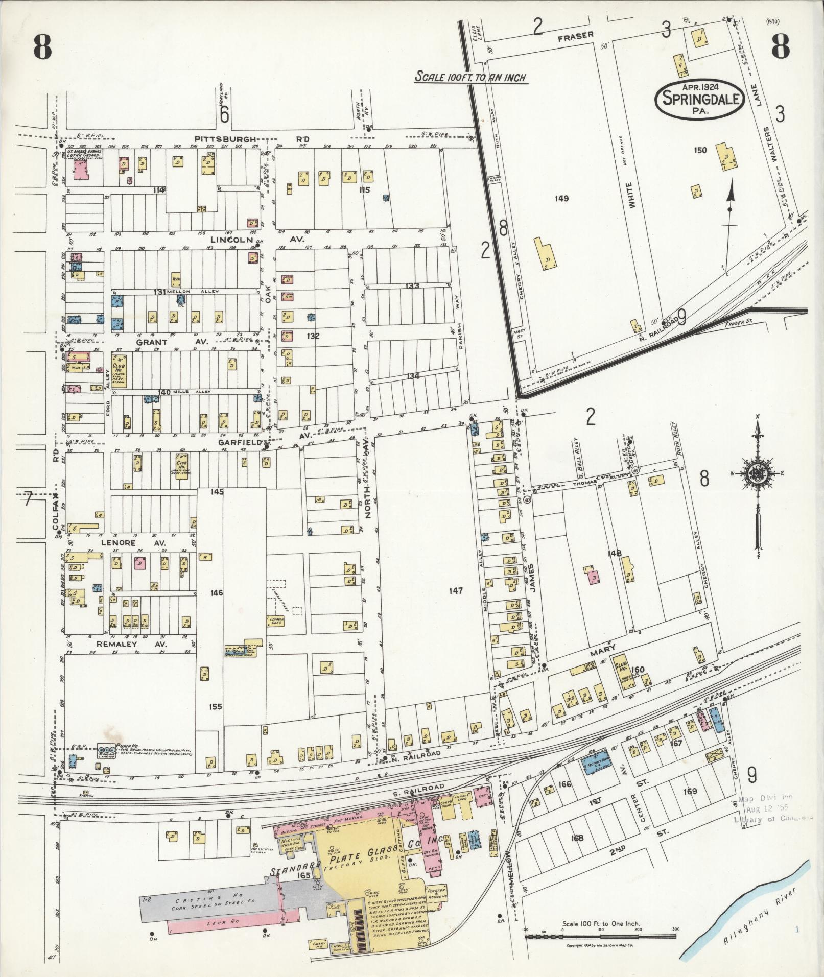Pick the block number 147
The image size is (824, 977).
(x=455, y=591)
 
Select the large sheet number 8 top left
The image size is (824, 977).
(x=42, y=49)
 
